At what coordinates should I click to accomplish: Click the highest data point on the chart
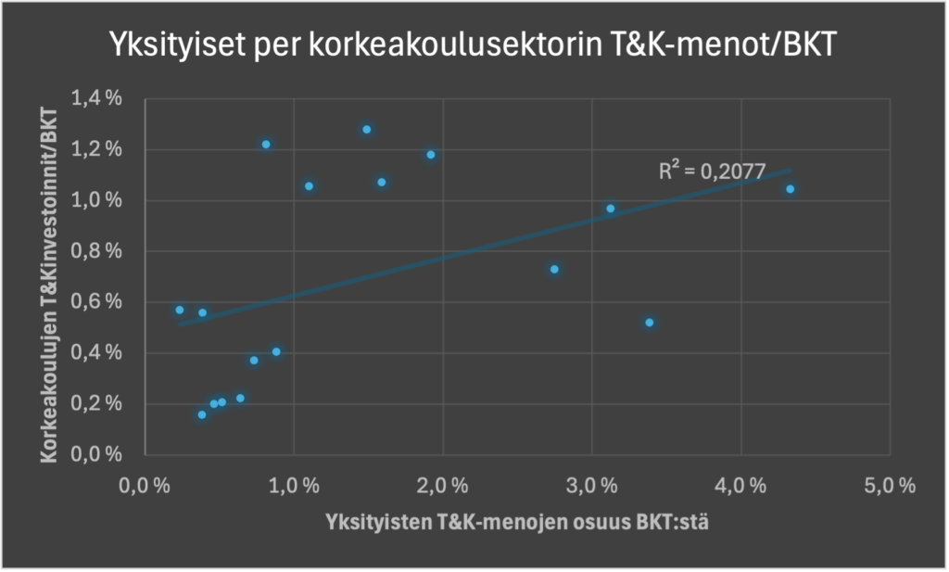pos(367,130)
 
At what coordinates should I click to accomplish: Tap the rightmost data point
pos(791,189)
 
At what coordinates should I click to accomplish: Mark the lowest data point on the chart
pos(202,414)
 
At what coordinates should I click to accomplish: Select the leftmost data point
pos(180,310)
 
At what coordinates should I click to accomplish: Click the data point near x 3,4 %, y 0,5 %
pos(650,323)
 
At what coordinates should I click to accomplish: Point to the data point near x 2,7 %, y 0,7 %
pos(554,270)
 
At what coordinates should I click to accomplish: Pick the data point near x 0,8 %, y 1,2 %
pos(266,145)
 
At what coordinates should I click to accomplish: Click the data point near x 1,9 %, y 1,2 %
pos(431,155)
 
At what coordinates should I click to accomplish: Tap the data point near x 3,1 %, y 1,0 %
pos(611,209)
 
